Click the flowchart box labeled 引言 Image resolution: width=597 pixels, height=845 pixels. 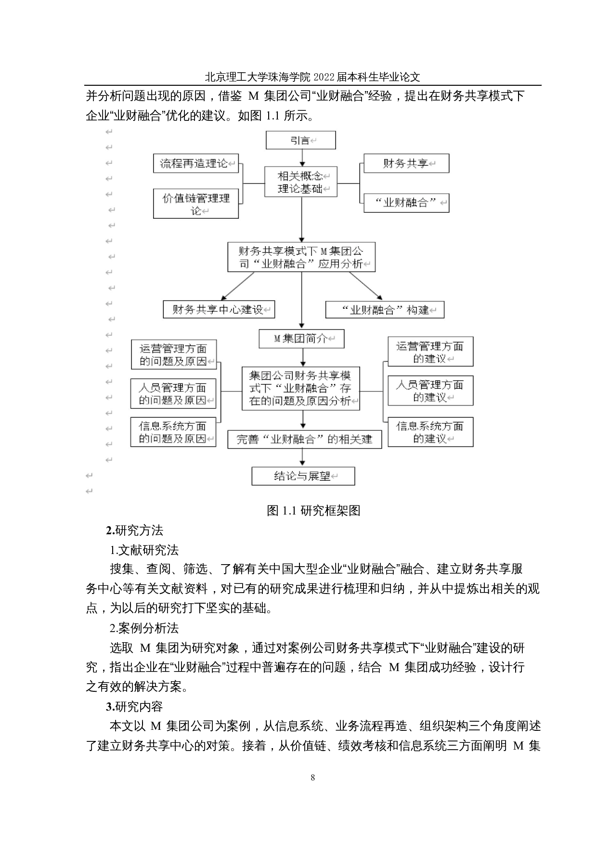click(x=300, y=140)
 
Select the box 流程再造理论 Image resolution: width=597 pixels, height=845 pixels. click(x=196, y=163)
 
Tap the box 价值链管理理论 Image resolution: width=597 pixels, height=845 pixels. click(x=196, y=204)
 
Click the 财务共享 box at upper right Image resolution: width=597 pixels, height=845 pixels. click(x=406, y=163)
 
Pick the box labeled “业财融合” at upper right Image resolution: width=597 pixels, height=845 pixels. click(x=406, y=203)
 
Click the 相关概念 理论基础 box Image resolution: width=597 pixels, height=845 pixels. click(x=300, y=182)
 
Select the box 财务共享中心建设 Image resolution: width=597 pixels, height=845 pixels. click(x=219, y=309)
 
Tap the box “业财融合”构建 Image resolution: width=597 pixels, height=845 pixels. click(x=385, y=310)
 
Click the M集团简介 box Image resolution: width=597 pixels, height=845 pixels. click(x=301, y=339)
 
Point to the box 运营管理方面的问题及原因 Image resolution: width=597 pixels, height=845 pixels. click(x=173, y=355)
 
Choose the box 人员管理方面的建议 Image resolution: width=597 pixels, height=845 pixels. click(x=430, y=391)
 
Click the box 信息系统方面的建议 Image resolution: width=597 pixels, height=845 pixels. click(x=430, y=432)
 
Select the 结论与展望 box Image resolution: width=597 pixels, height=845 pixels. click(x=303, y=476)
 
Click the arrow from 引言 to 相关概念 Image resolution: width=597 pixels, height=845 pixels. click(x=302, y=158)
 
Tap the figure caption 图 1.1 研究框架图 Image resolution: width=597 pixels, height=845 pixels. click(x=313, y=511)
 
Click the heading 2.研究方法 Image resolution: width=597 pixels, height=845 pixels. click(x=135, y=530)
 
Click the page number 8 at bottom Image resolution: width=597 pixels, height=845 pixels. click(x=313, y=777)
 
